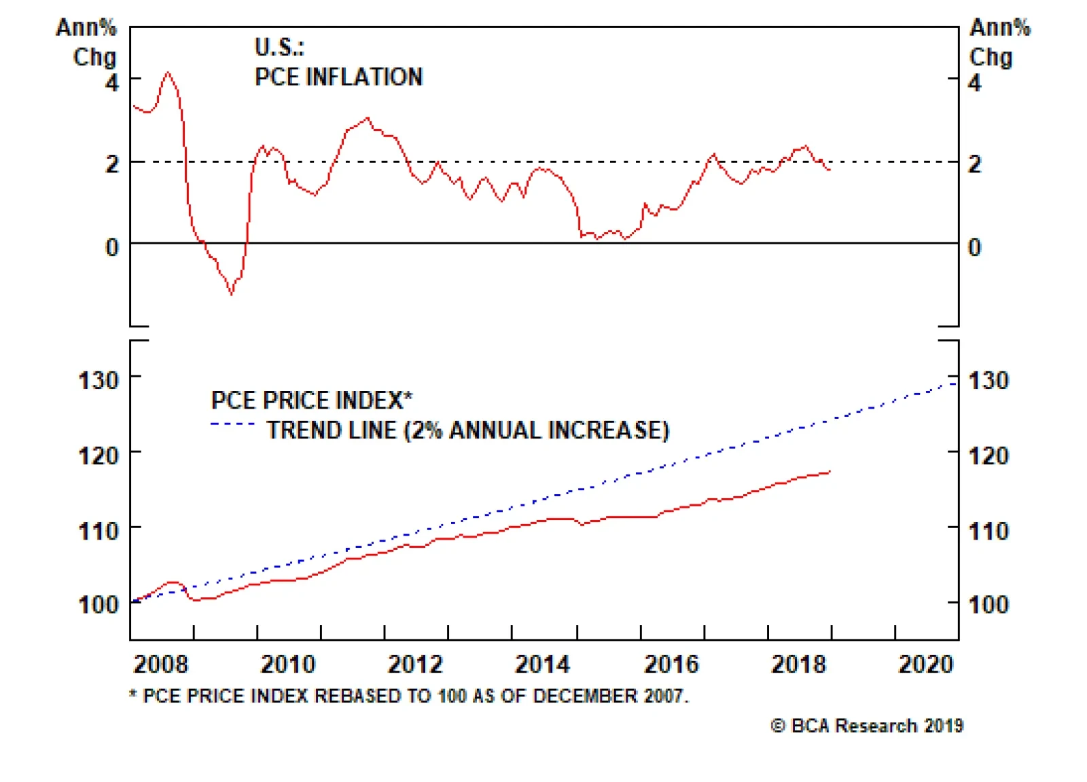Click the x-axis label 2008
(160, 664)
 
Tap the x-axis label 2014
(542, 664)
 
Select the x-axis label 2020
(925, 664)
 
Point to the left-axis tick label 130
(99, 380)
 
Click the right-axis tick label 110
(988, 531)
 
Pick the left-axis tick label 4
(112, 83)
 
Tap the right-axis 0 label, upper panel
(974, 247)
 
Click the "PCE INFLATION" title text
(338, 77)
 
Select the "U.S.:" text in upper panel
(279, 47)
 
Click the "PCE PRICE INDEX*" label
(312, 401)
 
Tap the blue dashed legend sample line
(232, 424)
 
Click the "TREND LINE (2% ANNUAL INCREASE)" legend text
(467, 430)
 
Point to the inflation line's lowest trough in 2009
(232, 294)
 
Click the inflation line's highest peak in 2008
(168, 72)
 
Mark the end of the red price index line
(830, 472)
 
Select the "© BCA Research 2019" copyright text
(867, 726)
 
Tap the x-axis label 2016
(671, 664)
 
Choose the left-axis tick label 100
(99, 604)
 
